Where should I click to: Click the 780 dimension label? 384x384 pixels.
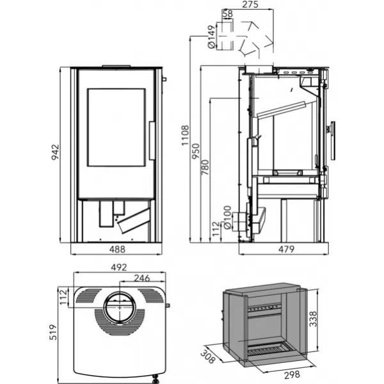point(205,167)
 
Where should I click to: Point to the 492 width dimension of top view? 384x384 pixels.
point(119,267)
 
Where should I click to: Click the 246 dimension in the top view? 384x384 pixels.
point(143,278)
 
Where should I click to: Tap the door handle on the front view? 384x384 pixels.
point(152,141)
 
